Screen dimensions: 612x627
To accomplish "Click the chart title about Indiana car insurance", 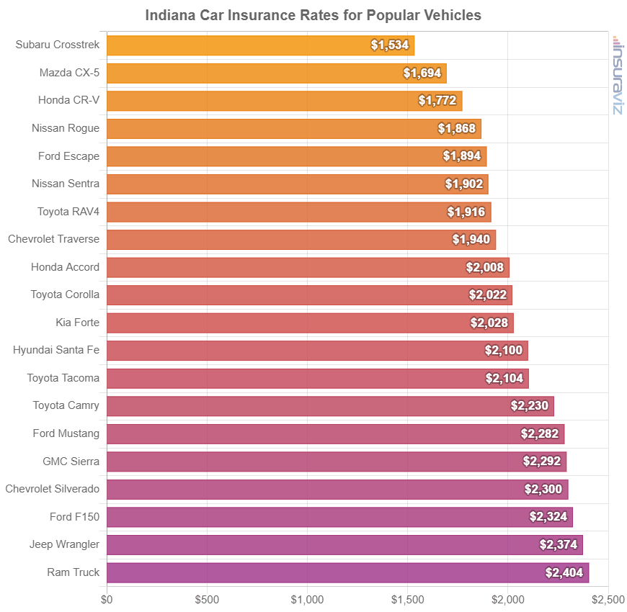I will pyautogui.click(x=313, y=15).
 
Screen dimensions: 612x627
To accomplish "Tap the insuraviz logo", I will pyautogui.click(x=617, y=75).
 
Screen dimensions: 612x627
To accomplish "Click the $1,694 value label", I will pyautogui.click(x=422, y=73).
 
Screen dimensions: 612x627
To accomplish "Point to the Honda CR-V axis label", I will pyautogui.click(x=68, y=101).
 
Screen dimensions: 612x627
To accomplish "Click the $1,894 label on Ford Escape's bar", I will pyautogui.click(x=462, y=156).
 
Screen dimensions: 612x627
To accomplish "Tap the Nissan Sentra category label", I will pyautogui.click(x=66, y=184).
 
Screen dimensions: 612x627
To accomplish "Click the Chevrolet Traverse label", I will pyautogui.click(x=53, y=239).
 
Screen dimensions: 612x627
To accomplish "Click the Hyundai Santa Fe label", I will pyautogui.click(x=56, y=350).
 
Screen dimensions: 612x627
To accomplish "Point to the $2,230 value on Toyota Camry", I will pyautogui.click(x=530, y=405).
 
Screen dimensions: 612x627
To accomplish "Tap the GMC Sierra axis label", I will pyautogui.click(x=71, y=461).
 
